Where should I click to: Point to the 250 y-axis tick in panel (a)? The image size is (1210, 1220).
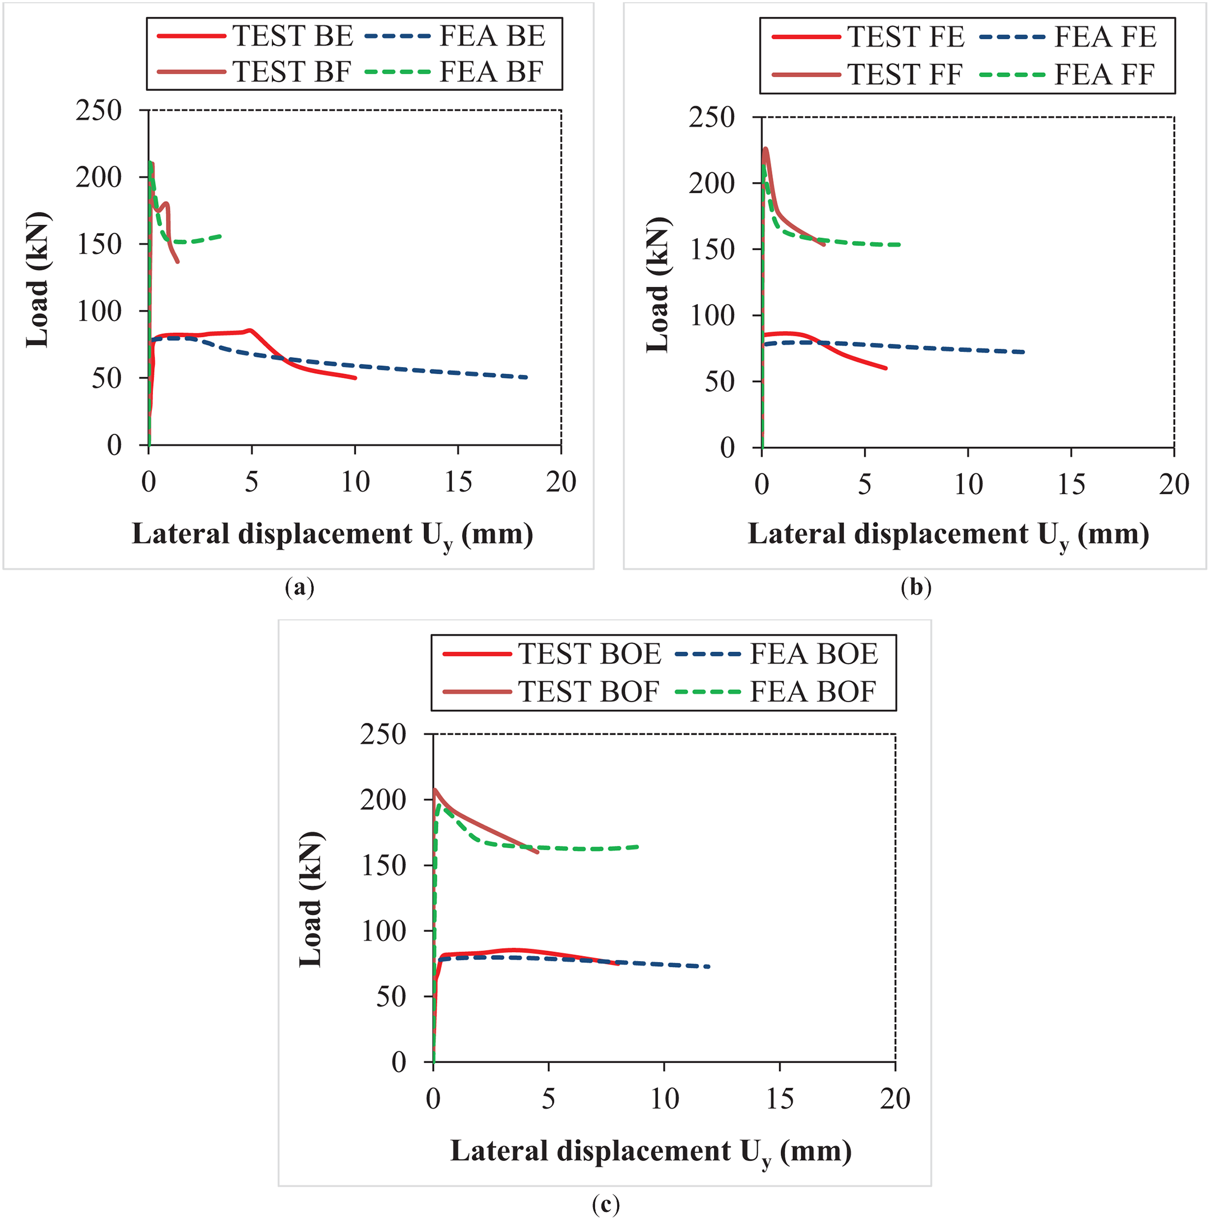(x=99, y=110)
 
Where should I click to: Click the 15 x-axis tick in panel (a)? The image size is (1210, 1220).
(x=458, y=483)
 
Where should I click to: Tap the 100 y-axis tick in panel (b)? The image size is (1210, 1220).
(x=712, y=316)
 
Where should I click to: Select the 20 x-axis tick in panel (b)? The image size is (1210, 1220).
(x=1174, y=485)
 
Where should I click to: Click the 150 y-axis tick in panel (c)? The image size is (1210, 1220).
(x=383, y=865)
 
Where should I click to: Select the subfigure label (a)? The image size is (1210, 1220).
(x=299, y=588)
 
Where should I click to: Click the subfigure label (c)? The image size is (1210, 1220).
(x=606, y=1204)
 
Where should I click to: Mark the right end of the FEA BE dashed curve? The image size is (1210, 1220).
(x=527, y=378)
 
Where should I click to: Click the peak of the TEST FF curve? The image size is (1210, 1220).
(x=766, y=149)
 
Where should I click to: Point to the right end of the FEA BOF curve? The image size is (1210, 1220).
(x=638, y=847)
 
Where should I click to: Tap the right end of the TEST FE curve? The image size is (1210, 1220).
(x=886, y=368)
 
